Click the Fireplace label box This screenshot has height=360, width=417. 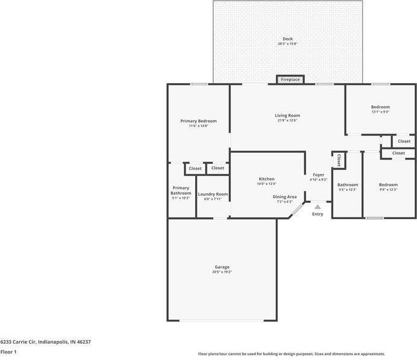coord(290,79)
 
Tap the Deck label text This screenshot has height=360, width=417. coord(287,39)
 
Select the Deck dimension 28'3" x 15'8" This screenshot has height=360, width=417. coord(287,44)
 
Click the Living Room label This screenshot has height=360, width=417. coord(287,116)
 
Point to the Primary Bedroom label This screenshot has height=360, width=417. coord(198,121)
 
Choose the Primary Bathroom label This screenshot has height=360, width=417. coord(181,190)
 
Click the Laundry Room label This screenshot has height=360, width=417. coord(213,194)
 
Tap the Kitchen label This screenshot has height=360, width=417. coord(266,179)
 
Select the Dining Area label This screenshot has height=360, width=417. coord(284,197)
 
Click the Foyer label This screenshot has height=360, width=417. coord(318,175)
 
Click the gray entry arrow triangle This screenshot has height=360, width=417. coord(318,206)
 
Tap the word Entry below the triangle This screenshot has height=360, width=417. coord(318,214)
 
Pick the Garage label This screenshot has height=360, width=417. coord(222,267)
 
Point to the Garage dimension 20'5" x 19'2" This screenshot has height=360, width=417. coord(222,272)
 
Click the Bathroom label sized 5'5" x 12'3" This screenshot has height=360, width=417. coord(347,185)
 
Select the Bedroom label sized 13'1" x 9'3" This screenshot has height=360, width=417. coord(380,107)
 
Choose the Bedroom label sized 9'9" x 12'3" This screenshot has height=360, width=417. coord(388,185)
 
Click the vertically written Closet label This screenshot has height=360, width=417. coord(339,160)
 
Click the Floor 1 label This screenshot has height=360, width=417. coord(8,352)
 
